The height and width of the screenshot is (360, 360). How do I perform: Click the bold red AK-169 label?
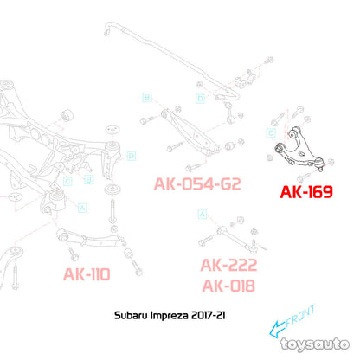tap(306, 192)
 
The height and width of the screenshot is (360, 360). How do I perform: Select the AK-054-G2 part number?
tap(197, 183)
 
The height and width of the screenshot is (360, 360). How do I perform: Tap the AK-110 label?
tap(87, 274)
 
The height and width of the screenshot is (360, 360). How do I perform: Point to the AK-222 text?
tap(228, 265)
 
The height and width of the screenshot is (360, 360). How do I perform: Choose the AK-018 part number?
tap(228, 286)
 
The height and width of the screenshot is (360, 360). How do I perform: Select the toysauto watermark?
tap(315, 344)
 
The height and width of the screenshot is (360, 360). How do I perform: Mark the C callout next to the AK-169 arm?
tap(271, 133)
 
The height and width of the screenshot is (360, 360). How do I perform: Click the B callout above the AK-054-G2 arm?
tap(147, 97)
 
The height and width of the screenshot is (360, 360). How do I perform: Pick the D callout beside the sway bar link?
tap(200, 99)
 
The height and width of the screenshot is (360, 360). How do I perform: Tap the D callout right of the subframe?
tap(132, 156)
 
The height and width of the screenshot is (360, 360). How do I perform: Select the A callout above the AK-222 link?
tap(202, 214)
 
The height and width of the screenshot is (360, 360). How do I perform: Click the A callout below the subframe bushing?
tap(82, 208)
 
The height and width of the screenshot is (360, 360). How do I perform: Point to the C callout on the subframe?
tap(67, 182)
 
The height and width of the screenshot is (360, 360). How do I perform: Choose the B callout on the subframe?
tap(89, 180)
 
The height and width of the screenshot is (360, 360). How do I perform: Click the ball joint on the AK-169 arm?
tap(319, 164)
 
